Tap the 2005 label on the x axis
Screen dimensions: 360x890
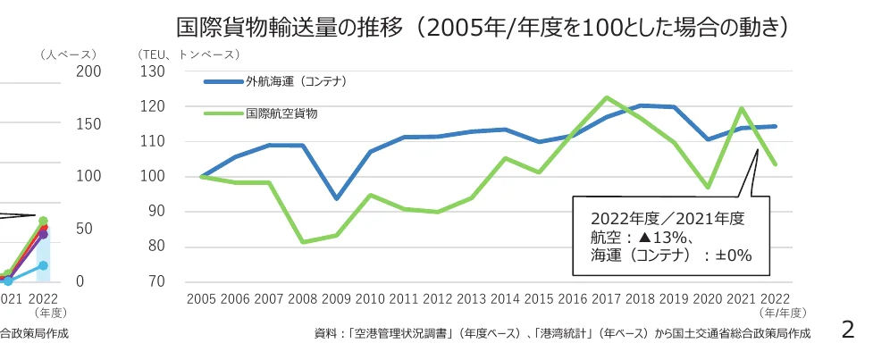201,299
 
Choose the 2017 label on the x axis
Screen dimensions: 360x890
607,299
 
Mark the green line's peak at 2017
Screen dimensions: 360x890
606,97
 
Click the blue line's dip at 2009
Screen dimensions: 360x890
336,198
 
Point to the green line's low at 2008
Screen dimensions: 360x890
302,242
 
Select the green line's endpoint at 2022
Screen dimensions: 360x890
775,164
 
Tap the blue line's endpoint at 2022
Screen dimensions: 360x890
775,126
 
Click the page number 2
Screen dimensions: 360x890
848,330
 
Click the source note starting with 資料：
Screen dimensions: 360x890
562,334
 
